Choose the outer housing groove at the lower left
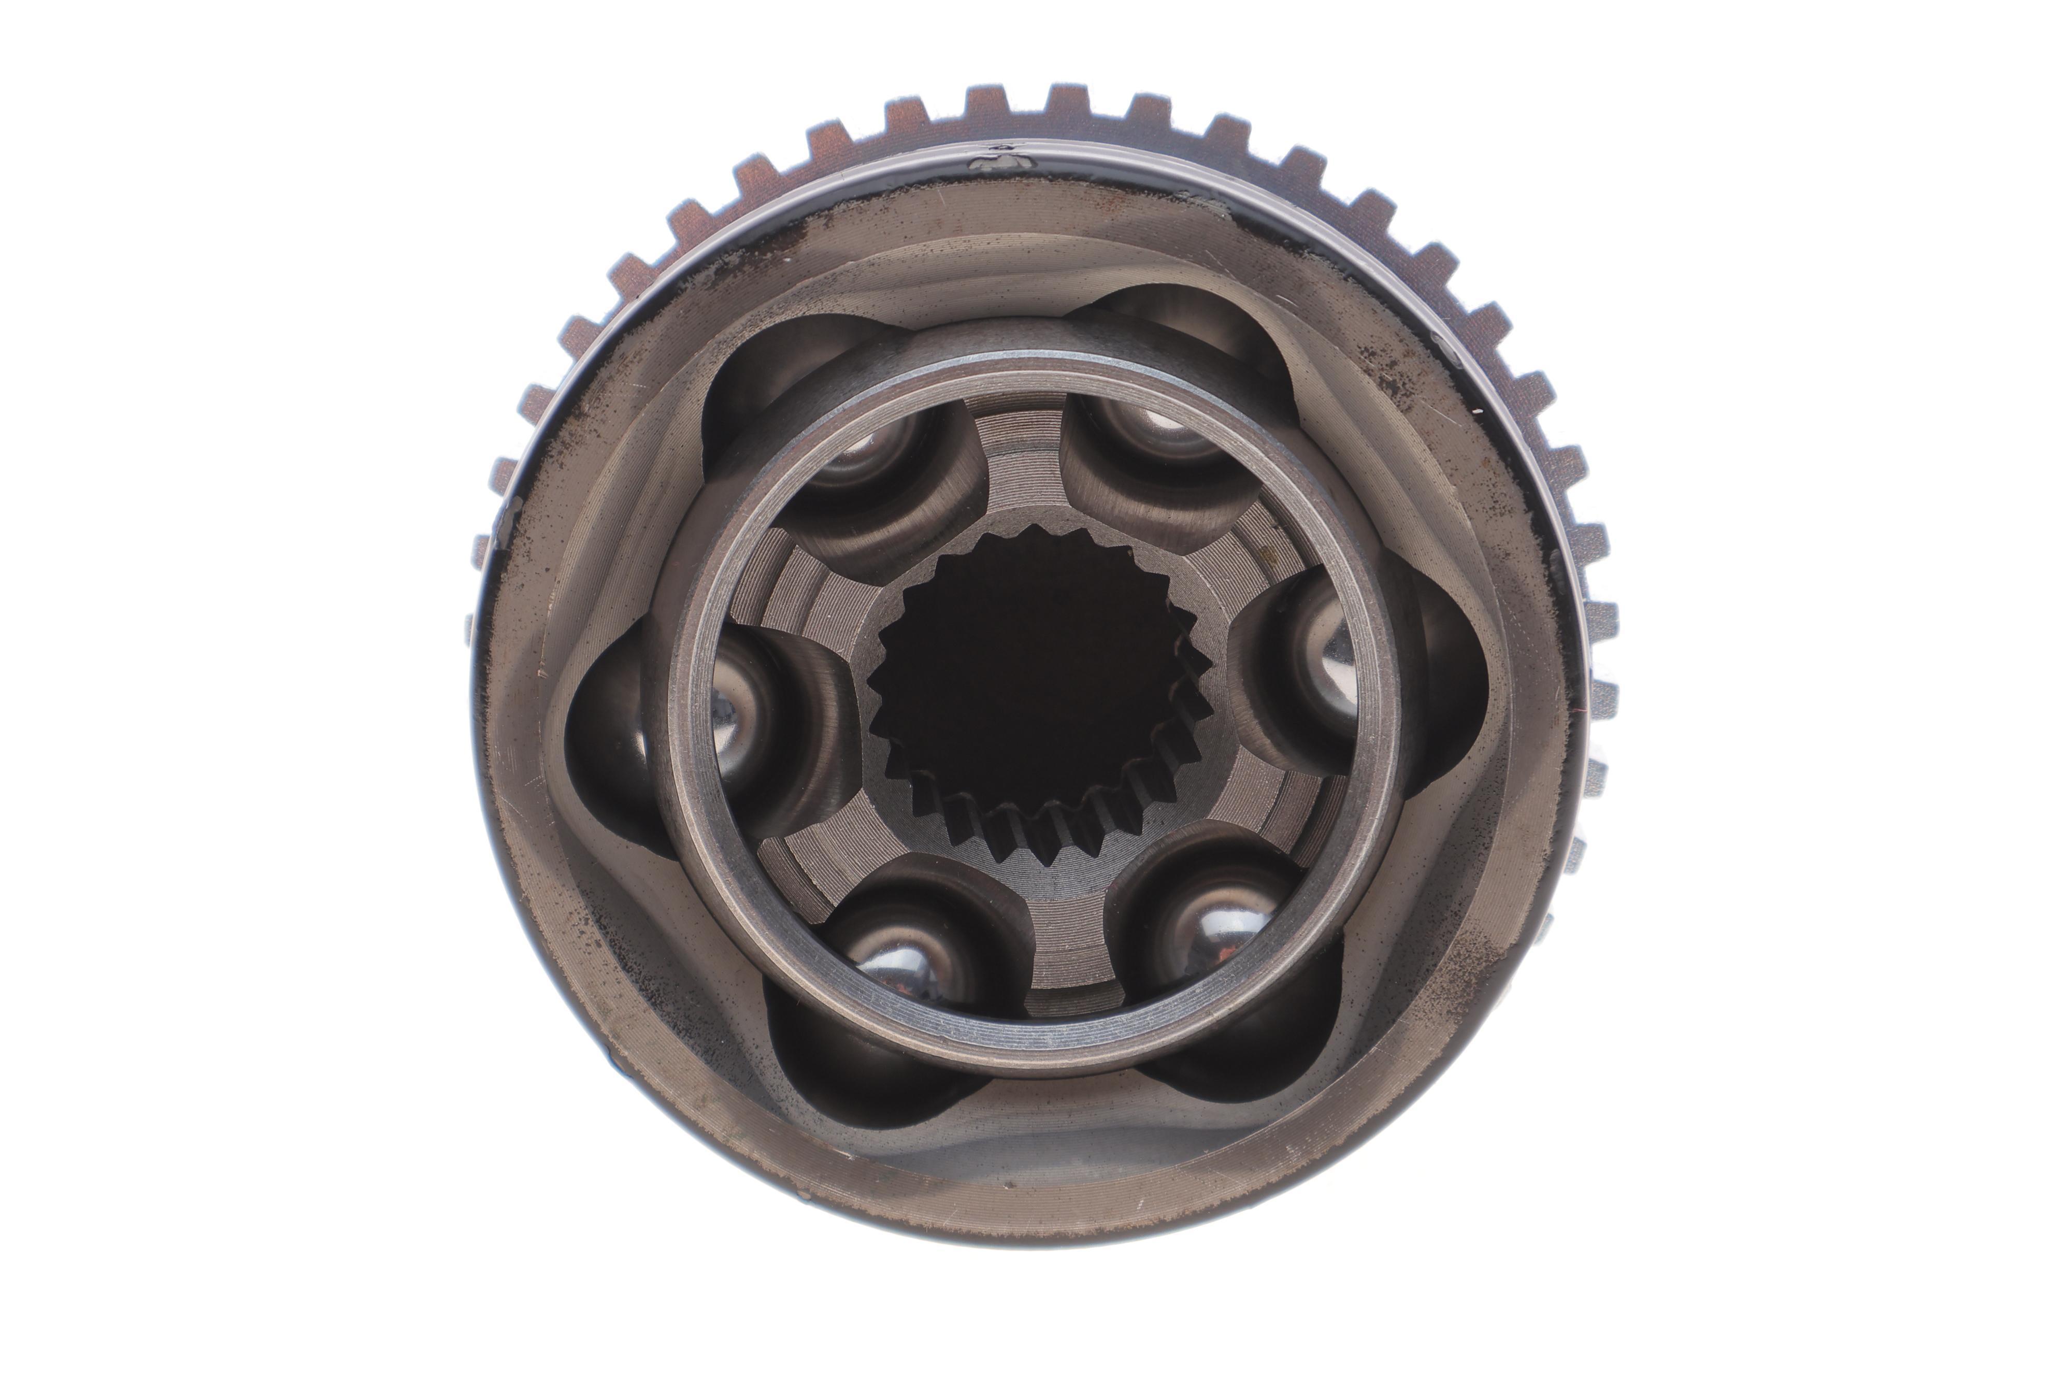click(842, 1071)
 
